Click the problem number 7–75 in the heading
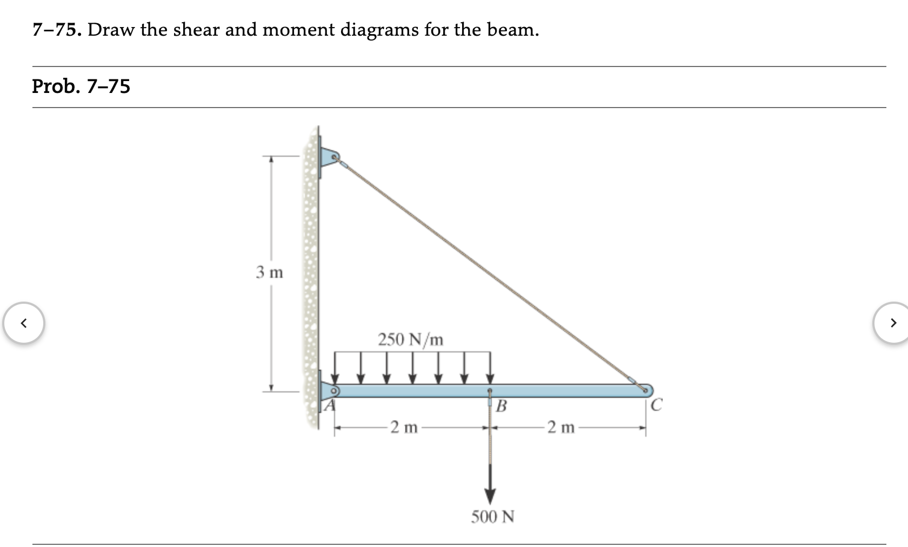click(56, 30)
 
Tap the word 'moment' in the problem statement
click(298, 30)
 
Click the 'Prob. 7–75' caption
click(81, 86)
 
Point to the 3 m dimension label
click(269, 272)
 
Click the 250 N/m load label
click(410, 339)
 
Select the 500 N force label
click(492, 517)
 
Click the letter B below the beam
click(501, 406)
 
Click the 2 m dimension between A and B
click(404, 428)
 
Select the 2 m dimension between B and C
click(560, 428)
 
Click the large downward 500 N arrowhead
click(490, 495)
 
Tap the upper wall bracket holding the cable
click(329, 158)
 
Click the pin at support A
click(334, 390)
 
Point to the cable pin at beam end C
click(645, 390)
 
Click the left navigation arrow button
click(24, 323)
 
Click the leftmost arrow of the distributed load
click(336, 368)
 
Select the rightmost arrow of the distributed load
click(490, 368)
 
